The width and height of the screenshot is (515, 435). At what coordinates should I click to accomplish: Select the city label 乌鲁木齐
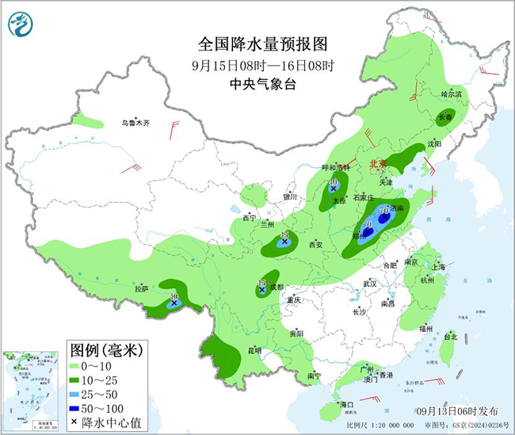135,123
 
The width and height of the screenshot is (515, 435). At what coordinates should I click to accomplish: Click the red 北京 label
378,164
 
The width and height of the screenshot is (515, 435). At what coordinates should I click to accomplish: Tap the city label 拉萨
142,289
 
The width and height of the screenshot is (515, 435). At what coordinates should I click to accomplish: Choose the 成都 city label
275,287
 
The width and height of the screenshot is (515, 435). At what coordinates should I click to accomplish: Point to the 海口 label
346,404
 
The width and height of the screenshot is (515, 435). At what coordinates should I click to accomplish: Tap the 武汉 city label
369,283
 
